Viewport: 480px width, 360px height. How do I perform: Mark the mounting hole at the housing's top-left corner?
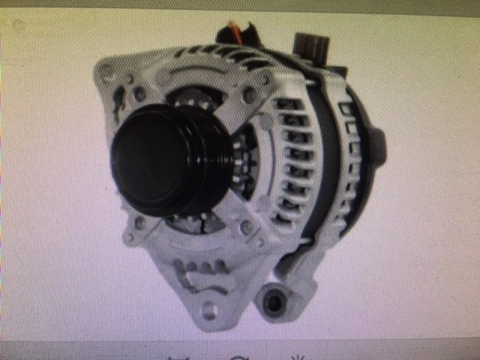tap(108, 73)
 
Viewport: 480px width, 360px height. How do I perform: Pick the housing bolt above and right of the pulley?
tap(247, 94)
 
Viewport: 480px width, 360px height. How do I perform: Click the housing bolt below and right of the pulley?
tap(246, 225)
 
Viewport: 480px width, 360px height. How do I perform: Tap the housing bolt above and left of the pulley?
tap(139, 93)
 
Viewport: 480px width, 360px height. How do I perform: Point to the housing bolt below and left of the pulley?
tap(139, 223)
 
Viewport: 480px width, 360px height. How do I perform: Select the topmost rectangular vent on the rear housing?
tap(346, 109)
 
